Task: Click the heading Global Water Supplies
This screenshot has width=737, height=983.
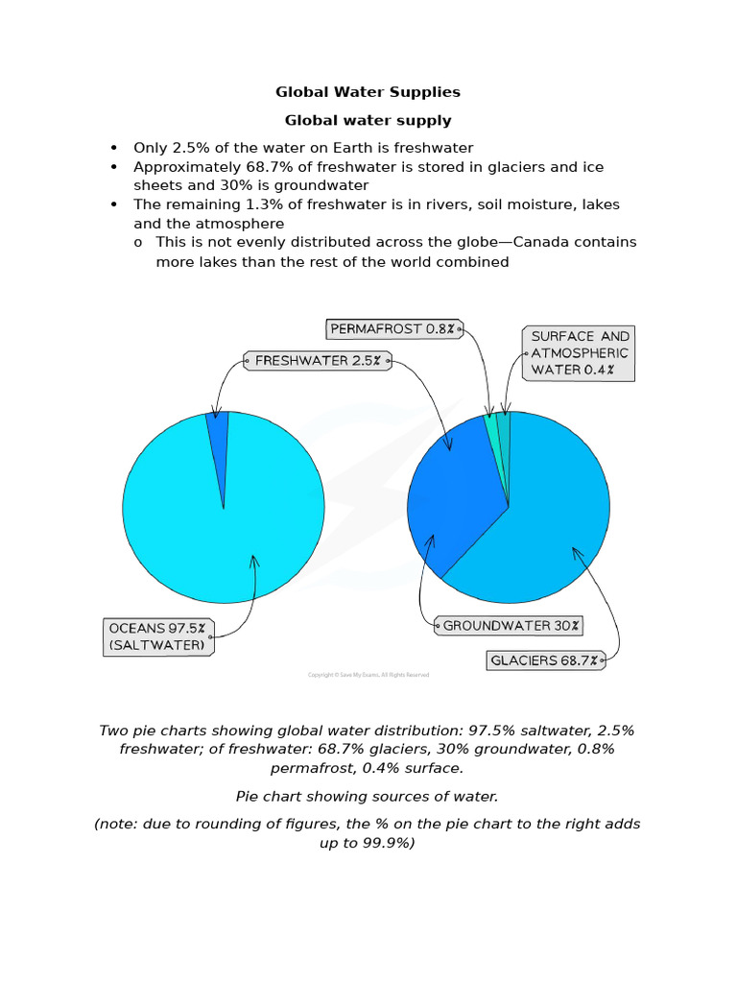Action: coord(368,92)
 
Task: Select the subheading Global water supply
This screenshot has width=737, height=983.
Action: coord(368,121)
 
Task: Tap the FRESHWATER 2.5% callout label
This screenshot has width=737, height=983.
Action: coord(318,361)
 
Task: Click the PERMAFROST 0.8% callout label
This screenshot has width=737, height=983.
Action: coord(392,329)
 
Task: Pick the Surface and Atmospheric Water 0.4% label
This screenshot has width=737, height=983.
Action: coord(580,352)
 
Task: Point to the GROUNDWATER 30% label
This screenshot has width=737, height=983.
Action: coord(509,626)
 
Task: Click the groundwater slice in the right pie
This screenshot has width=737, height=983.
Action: coord(446,499)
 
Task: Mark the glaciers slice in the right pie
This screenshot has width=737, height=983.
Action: coord(547,518)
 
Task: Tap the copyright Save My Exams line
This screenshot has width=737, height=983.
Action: coord(368,675)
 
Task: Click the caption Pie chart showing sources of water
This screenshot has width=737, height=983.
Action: coord(368,797)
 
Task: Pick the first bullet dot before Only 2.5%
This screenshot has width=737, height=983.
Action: coord(114,148)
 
